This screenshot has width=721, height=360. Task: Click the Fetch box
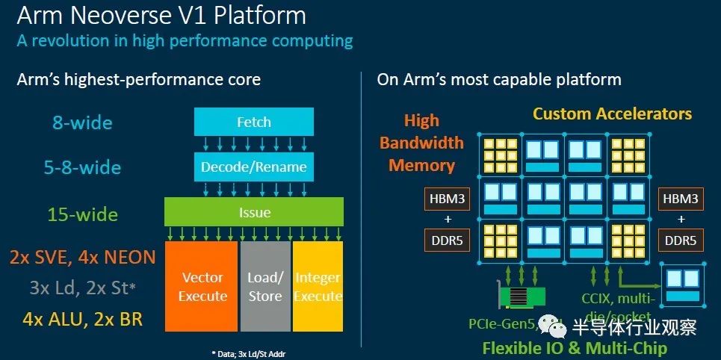pyautogui.click(x=253, y=122)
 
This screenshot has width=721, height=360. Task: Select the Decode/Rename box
pyautogui.click(x=253, y=167)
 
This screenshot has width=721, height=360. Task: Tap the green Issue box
pyautogui.click(x=254, y=212)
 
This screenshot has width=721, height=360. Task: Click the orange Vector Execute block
pyautogui.click(x=202, y=287)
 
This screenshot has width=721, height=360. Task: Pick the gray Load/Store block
pyautogui.click(x=265, y=287)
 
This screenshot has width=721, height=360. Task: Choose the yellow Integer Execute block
pyautogui.click(x=318, y=287)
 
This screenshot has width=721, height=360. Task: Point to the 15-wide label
pyautogui.click(x=83, y=215)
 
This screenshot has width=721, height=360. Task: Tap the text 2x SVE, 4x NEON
pyautogui.click(x=83, y=258)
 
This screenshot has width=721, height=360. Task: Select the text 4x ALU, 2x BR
pyautogui.click(x=82, y=320)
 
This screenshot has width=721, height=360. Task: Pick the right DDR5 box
pyautogui.click(x=681, y=240)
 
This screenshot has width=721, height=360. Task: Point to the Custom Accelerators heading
pyautogui.click(x=612, y=114)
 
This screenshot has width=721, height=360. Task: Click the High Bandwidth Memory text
pyautogui.click(x=421, y=143)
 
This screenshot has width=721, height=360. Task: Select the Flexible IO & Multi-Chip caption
pyautogui.click(x=575, y=348)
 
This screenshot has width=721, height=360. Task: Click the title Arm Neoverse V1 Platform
pyautogui.click(x=161, y=16)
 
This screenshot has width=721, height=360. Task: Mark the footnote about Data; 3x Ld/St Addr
pyautogui.click(x=253, y=352)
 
